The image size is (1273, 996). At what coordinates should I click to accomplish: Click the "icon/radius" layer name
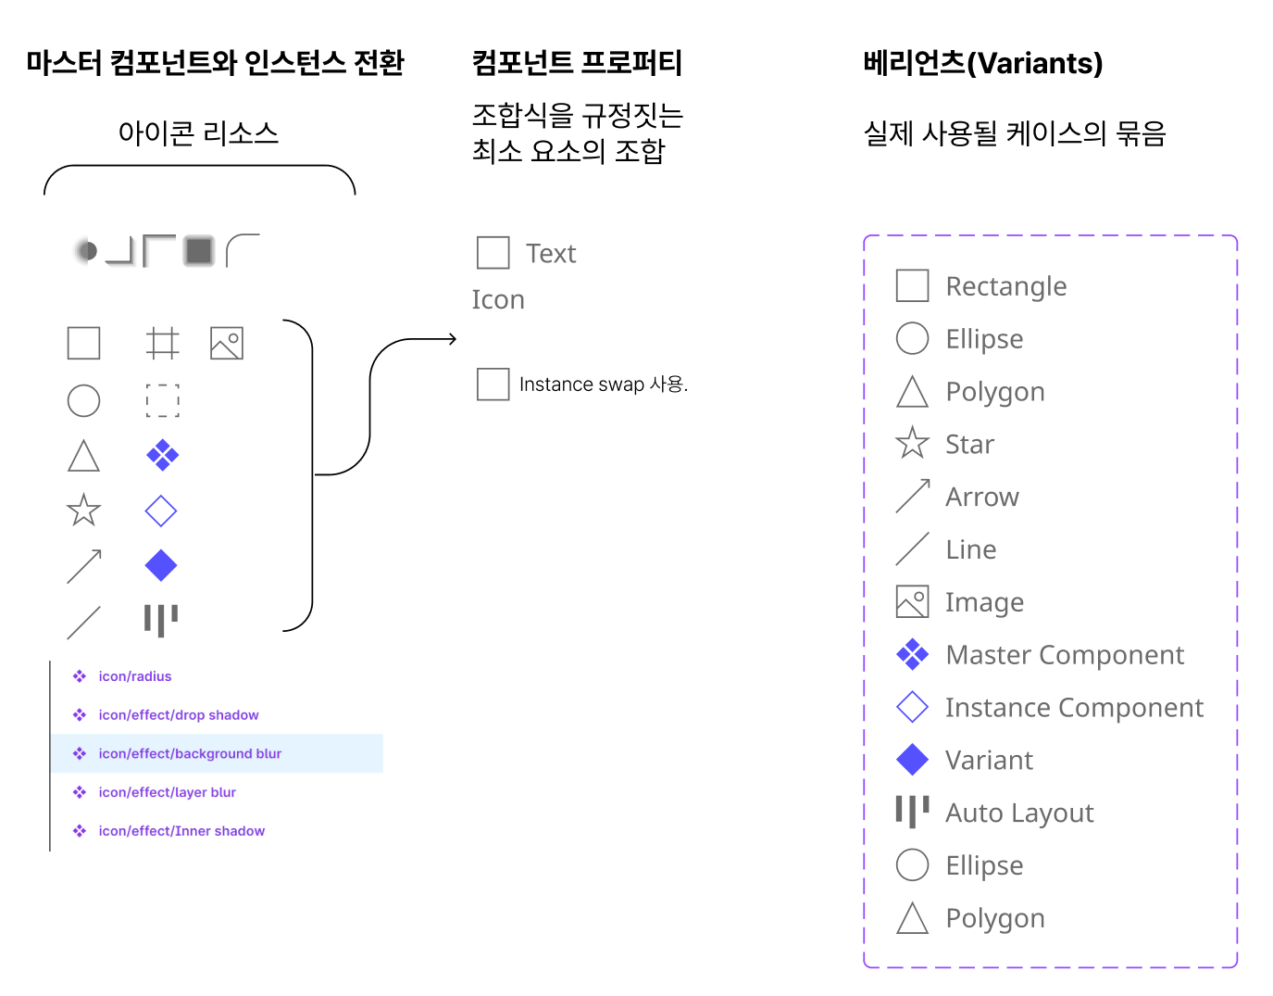click(x=135, y=676)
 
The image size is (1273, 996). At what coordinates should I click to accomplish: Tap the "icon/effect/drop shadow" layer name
click(x=179, y=715)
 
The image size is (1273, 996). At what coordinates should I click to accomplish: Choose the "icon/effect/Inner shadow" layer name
click(x=181, y=831)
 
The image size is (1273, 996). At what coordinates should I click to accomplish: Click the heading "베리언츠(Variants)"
click(x=982, y=63)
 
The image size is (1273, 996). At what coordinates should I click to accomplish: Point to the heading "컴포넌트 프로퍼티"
click(x=577, y=63)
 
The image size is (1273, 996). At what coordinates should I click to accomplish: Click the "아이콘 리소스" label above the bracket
click(x=198, y=133)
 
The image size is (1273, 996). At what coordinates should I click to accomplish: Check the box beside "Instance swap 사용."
click(x=493, y=384)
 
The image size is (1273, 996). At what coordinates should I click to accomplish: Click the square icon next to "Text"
click(x=493, y=252)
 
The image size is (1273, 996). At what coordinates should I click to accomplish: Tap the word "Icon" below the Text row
click(x=498, y=300)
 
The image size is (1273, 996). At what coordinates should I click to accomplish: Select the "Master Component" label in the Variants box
click(x=1065, y=655)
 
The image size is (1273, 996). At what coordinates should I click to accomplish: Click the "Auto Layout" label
click(x=1019, y=813)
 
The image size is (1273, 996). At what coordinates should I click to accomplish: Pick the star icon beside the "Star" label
click(x=912, y=444)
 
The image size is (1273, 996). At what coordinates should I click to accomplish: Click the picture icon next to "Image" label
click(x=912, y=602)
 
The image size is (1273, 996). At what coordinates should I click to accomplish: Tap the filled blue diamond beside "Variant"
click(x=912, y=760)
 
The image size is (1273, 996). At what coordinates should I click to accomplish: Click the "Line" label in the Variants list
click(x=971, y=549)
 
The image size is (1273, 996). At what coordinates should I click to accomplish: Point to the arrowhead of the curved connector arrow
click(x=453, y=339)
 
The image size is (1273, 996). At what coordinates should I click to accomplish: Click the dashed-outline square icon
click(x=162, y=400)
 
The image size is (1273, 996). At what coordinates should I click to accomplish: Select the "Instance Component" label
click(x=1074, y=708)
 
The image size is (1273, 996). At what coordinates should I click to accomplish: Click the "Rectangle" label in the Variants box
click(x=1006, y=286)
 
